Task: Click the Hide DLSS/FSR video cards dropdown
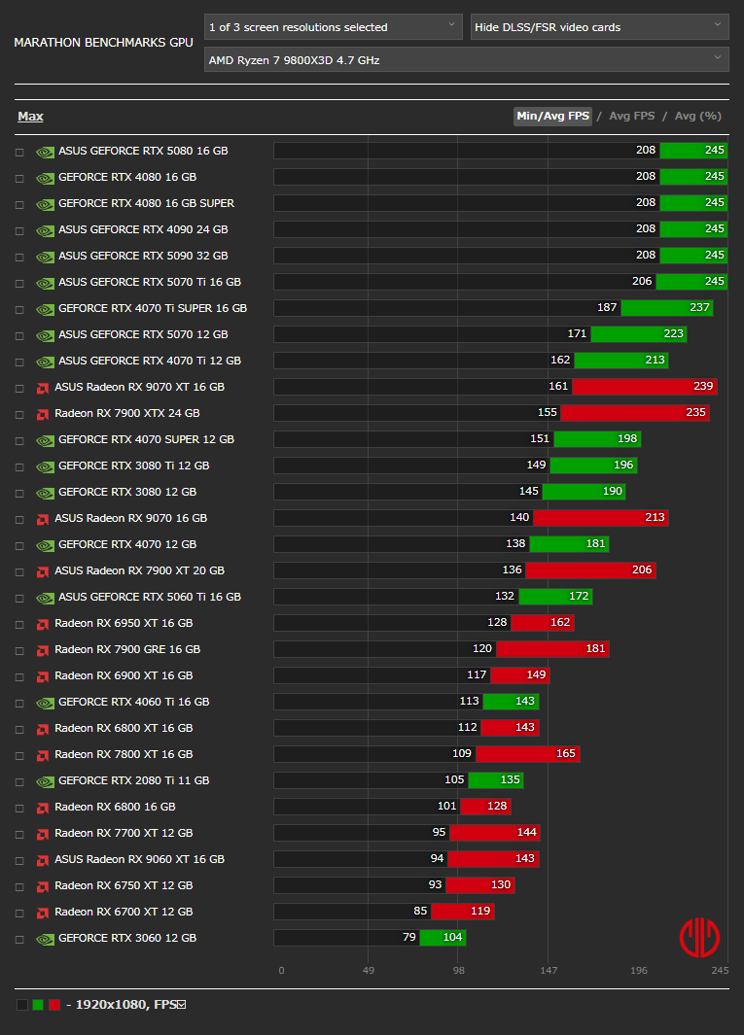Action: click(x=599, y=27)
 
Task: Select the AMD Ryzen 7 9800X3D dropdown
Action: click(x=466, y=60)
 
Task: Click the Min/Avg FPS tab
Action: click(x=552, y=117)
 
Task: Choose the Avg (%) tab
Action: click(x=697, y=117)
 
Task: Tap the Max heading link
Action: click(x=30, y=117)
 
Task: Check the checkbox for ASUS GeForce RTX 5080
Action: click(x=19, y=152)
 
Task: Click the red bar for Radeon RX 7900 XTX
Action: click(x=635, y=413)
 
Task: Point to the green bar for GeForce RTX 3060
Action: click(x=443, y=938)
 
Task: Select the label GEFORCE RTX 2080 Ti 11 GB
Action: click(x=133, y=780)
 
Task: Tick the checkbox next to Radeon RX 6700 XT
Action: click(x=19, y=913)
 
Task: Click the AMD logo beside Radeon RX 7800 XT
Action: click(x=43, y=755)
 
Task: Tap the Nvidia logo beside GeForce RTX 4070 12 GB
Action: click(x=45, y=545)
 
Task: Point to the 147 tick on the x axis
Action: click(x=549, y=970)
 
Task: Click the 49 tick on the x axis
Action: click(x=370, y=970)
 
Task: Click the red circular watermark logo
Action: click(x=699, y=937)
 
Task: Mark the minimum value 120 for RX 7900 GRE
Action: click(x=482, y=649)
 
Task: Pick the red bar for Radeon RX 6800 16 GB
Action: click(x=485, y=807)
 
